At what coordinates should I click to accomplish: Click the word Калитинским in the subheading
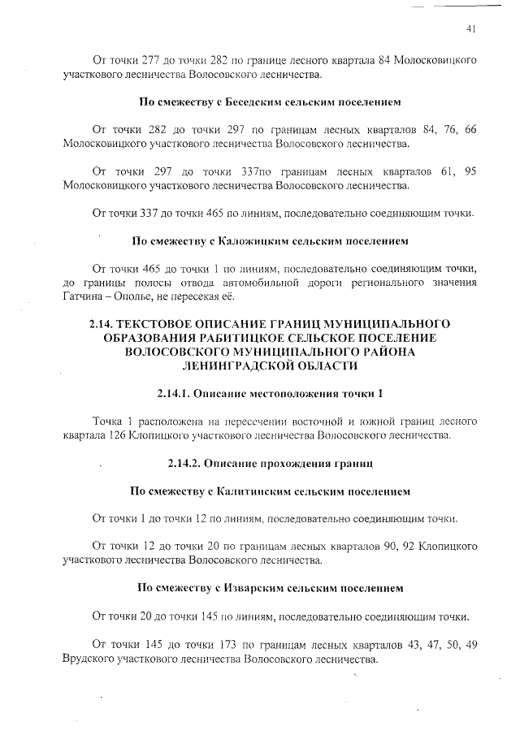pyautogui.click(x=258, y=491)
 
